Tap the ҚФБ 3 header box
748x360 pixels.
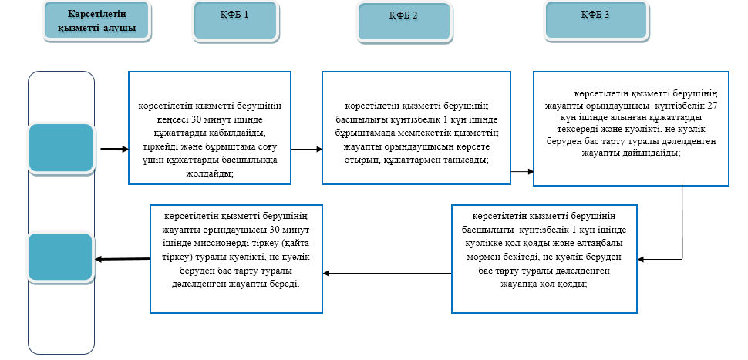pyautogui.click(x=595, y=20)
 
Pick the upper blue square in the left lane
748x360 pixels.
pyautogui.click(x=61, y=147)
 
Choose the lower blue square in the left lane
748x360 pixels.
pyautogui.click(x=61, y=257)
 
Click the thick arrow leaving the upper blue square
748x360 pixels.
pyautogui.click(x=113, y=149)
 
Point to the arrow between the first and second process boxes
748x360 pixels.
pyautogui.click(x=305, y=149)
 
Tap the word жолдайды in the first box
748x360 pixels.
pyautogui.click(x=209, y=173)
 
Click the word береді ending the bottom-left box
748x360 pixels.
pyautogui.click(x=282, y=283)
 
